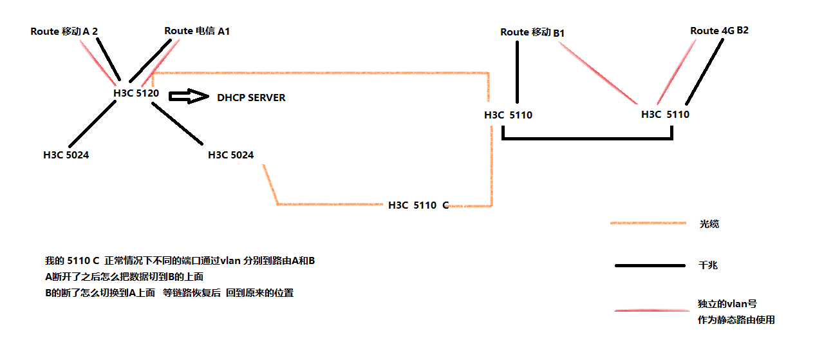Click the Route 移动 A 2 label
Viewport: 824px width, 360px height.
click(x=64, y=32)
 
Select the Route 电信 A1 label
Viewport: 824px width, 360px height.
click(x=197, y=31)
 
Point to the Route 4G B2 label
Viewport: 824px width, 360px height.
click(x=719, y=31)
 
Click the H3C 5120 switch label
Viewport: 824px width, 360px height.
click(x=136, y=93)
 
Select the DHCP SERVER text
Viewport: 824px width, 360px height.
click(x=251, y=98)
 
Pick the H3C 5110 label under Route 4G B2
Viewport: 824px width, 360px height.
click(x=665, y=115)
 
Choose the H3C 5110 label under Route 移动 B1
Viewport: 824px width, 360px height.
click(x=508, y=115)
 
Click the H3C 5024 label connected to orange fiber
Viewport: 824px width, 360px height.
click(x=230, y=155)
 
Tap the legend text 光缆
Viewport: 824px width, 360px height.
click(x=709, y=224)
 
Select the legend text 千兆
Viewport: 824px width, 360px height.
click(x=709, y=265)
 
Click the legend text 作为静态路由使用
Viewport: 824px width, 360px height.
click(x=736, y=320)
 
